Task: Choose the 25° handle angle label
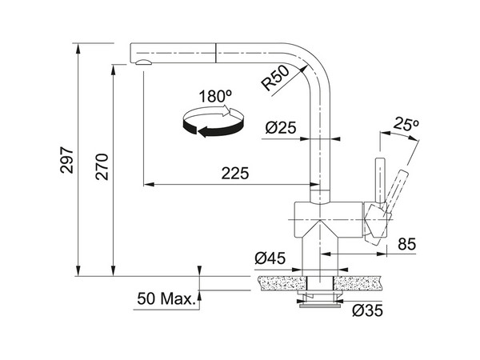click(x=406, y=126)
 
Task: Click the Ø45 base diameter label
click(x=270, y=258)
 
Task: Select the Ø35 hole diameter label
click(x=367, y=310)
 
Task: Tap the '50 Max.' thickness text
click(x=166, y=300)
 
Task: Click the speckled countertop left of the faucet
click(x=280, y=282)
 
